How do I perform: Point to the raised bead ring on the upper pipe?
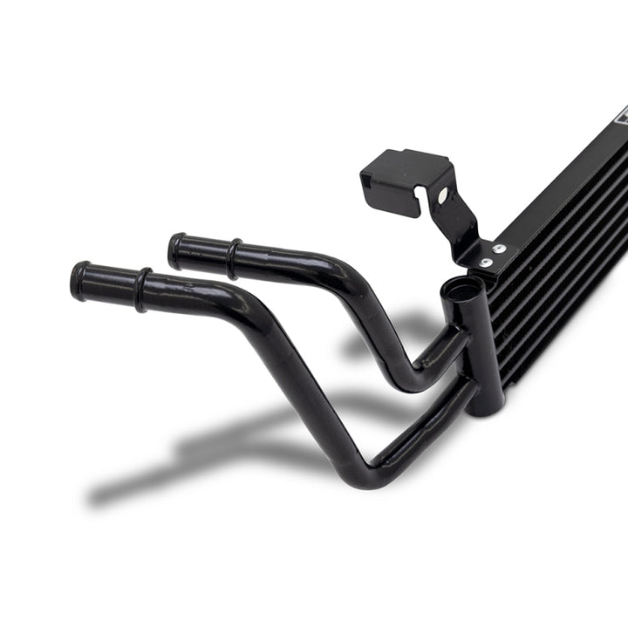[233, 259]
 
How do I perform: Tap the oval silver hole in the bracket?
[444, 196]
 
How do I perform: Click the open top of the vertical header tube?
[460, 289]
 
